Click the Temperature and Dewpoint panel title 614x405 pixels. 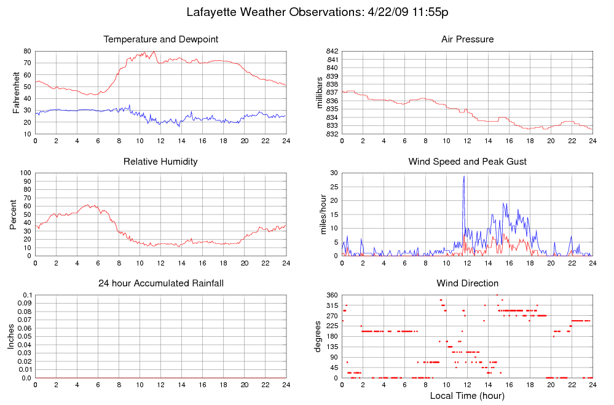(x=161, y=39)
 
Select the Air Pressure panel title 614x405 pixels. (x=467, y=39)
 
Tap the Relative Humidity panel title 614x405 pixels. (x=161, y=162)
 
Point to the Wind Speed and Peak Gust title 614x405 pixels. (x=467, y=162)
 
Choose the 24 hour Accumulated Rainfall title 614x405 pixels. (x=161, y=283)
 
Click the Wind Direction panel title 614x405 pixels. (x=467, y=283)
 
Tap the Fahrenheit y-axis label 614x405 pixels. (x=17, y=92)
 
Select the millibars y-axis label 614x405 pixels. (x=320, y=92)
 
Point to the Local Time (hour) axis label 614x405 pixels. (x=467, y=396)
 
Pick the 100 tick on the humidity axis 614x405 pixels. (x=25, y=173)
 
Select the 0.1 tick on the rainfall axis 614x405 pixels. (x=27, y=296)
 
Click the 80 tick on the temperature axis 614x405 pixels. (x=28, y=51)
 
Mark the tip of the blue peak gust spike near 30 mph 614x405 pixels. (x=464, y=176)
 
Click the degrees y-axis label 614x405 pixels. (x=318, y=337)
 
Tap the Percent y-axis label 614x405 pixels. (x=13, y=214)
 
